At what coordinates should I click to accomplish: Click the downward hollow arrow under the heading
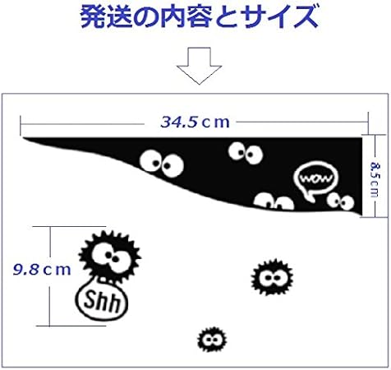pos(199,66)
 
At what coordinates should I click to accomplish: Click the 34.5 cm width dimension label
pos(195,122)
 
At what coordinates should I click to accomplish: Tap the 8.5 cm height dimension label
pos(375,179)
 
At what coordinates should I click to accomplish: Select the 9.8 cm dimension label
pos(42,270)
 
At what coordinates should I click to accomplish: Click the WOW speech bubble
pos(316,179)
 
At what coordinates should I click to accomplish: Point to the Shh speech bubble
pos(102,301)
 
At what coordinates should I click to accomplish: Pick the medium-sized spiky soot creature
pos(272,277)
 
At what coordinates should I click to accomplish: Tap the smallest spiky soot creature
pos(212,340)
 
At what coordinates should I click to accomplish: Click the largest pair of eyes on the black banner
pos(162,163)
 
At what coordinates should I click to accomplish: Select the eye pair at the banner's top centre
pos(246,153)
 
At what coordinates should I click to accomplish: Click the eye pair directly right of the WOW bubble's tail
pos(341,201)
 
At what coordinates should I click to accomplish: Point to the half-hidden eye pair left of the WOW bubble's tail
pos(274,201)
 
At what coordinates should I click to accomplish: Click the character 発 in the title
pos(93,17)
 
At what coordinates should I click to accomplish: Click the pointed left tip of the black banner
pos(23,138)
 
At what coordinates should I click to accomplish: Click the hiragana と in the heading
pos(228,17)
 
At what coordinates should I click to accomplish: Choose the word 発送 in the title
pos(106,17)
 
